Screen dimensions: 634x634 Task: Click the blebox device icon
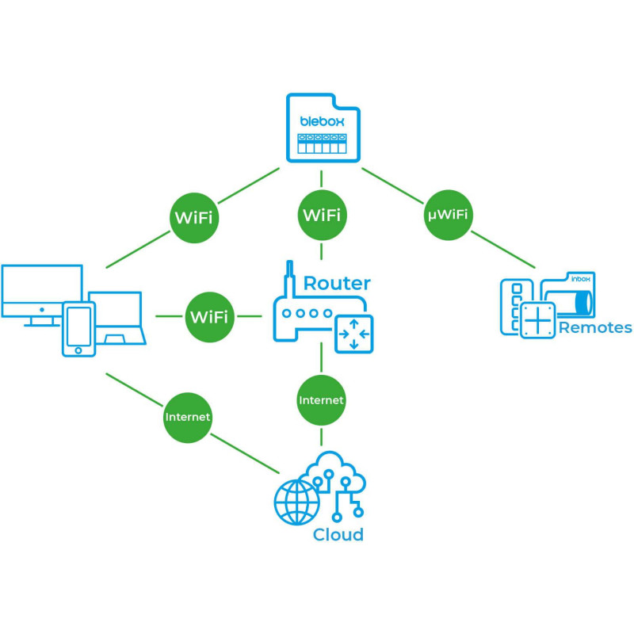(321, 128)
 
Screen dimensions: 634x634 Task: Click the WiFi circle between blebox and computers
(193, 216)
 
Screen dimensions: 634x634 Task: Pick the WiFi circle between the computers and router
(209, 317)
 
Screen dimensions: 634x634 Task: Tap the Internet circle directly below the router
(321, 400)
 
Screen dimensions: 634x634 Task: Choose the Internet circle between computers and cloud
(188, 416)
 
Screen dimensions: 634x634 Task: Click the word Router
(337, 283)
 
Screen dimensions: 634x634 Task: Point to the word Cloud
(338, 534)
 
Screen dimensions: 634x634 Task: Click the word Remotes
(595, 327)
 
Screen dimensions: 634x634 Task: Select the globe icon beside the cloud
(296, 501)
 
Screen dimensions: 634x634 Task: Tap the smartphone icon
(79, 329)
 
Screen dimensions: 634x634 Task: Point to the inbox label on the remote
(582, 280)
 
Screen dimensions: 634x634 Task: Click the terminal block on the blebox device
(321, 143)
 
